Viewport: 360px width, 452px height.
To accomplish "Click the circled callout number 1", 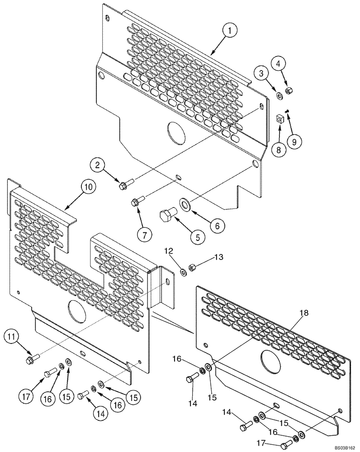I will (x=230, y=31).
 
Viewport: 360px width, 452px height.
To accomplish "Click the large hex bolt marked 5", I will (x=168, y=215).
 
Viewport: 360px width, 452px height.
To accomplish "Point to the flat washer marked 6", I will (x=186, y=204).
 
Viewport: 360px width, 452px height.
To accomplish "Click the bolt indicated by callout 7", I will (x=137, y=202).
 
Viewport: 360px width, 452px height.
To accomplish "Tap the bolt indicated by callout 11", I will (x=33, y=359).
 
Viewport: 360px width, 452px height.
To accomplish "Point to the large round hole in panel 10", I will (x=76, y=311).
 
